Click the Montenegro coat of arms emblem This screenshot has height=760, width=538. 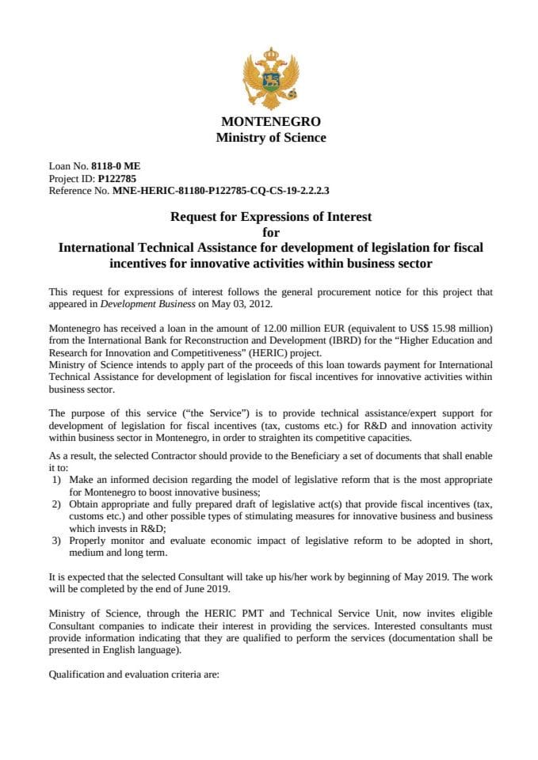pyautogui.click(x=271, y=78)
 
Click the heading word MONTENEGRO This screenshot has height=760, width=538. pyautogui.click(x=271, y=122)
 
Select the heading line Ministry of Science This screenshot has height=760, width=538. pyautogui.click(x=271, y=138)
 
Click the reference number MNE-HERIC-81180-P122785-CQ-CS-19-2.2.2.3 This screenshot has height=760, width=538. pyautogui.click(x=220, y=191)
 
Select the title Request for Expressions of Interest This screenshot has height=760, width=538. pyautogui.click(x=271, y=216)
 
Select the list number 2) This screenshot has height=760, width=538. pyautogui.click(x=56, y=504)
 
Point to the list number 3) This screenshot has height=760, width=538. pyautogui.click(x=56, y=540)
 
